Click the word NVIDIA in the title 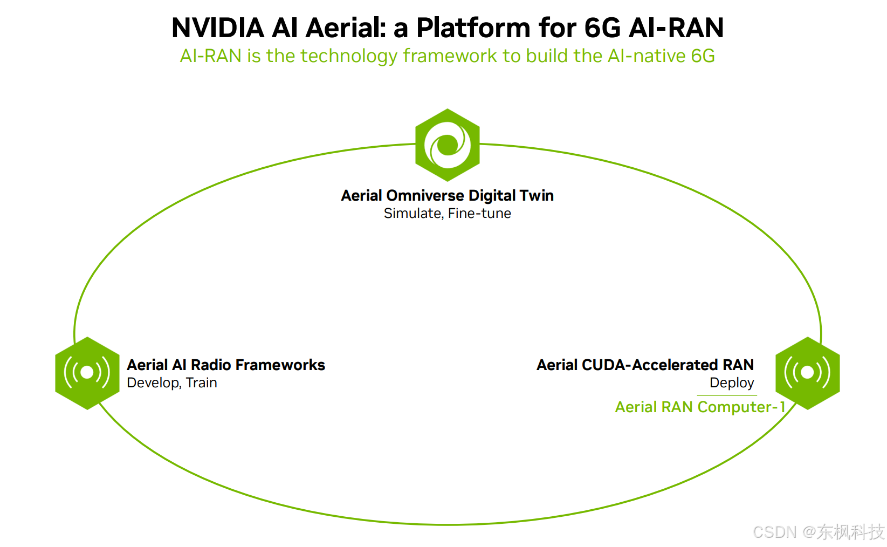(217, 28)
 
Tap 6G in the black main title (602, 28)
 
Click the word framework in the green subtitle (450, 56)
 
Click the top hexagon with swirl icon (448, 145)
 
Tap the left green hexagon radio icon (87, 373)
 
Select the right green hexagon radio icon (807, 373)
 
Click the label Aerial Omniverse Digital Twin (448, 195)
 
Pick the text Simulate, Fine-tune (448, 214)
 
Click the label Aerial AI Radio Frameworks (226, 365)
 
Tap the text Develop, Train (172, 383)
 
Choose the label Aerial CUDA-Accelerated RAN (645, 365)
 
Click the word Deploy (732, 383)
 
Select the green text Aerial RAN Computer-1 (700, 407)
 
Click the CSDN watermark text (818, 532)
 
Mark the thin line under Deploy (727, 396)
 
